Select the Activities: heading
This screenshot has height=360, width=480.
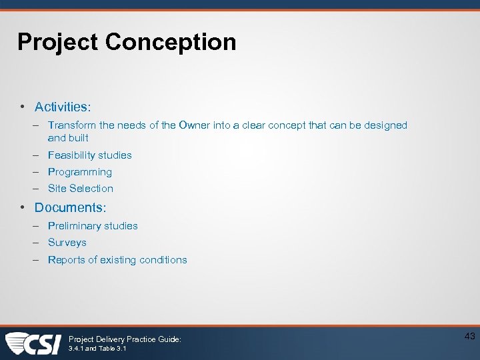coord(63,107)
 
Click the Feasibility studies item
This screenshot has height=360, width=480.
coord(89,155)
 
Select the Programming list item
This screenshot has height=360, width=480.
coord(80,172)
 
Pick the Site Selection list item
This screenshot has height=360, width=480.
coord(81,189)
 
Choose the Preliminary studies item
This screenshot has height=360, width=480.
coord(93,226)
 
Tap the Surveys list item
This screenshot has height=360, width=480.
coord(67,243)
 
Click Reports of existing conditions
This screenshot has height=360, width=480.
coord(117,260)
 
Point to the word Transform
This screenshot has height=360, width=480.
coord(71,125)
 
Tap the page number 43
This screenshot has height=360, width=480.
coord(469,337)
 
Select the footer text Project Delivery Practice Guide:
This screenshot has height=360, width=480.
coord(125,339)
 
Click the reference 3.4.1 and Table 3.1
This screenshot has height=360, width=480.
coord(97,349)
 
